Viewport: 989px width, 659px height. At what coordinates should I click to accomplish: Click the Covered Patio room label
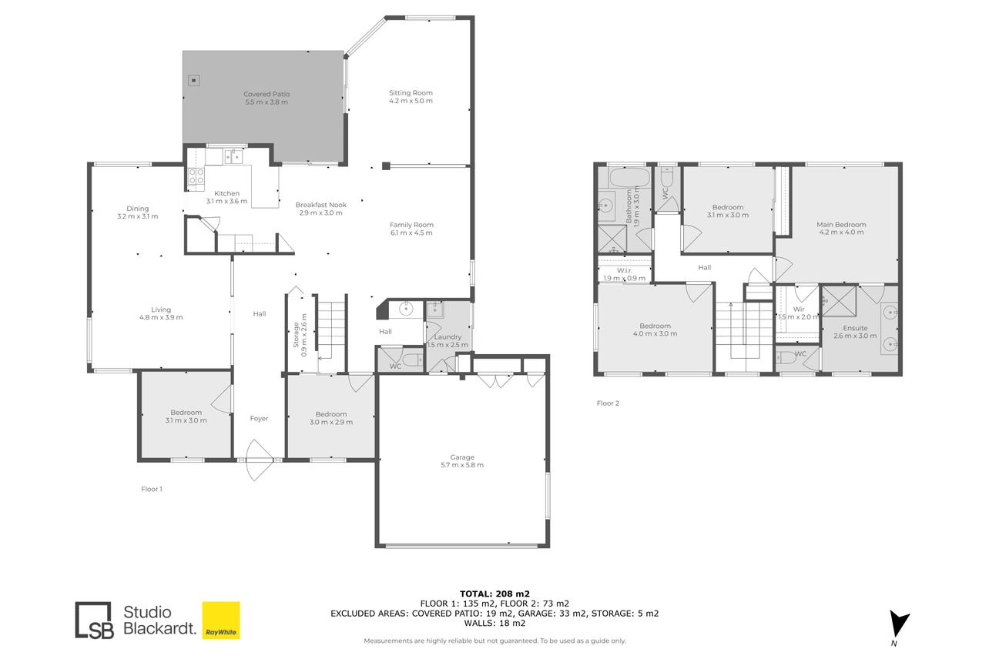click(x=267, y=94)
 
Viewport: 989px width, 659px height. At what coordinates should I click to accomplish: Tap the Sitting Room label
click(x=411, y=92)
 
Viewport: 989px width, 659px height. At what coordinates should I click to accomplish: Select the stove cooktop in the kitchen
click(x=196, y=176)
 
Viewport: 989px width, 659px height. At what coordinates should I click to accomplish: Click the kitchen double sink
click(x=233, y=157)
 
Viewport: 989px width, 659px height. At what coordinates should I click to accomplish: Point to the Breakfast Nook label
click(x=321, y=205)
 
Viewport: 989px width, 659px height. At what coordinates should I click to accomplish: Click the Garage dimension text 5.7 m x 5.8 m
click(x=462, y=465)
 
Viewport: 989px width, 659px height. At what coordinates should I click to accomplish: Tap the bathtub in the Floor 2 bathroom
click(x=629, y=178)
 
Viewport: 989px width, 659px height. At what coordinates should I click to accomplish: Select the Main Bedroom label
click(x=841, y=224)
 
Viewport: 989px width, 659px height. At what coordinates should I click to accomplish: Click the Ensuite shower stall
click(x=839, y=301)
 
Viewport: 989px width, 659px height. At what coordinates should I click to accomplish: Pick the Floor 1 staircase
click(x=331, y=331)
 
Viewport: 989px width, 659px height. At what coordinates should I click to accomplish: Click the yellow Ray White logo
click(x=221, y=621)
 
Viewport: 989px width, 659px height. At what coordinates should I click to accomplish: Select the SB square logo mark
click(x=94, y=621)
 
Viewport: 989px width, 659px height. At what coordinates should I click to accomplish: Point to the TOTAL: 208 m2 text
click(x=494, y=594)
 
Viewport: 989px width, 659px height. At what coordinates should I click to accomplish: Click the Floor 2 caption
click(x=608, y=403)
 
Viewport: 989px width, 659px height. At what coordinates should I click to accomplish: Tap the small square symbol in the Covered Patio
click(x=194, y=80)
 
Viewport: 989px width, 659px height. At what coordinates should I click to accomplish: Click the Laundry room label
click(x=448, y=336)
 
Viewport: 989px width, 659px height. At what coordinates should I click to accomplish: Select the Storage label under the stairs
click(x=297, y=335)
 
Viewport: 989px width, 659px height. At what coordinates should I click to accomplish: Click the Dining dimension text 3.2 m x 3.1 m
click(x=137, y=216)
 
